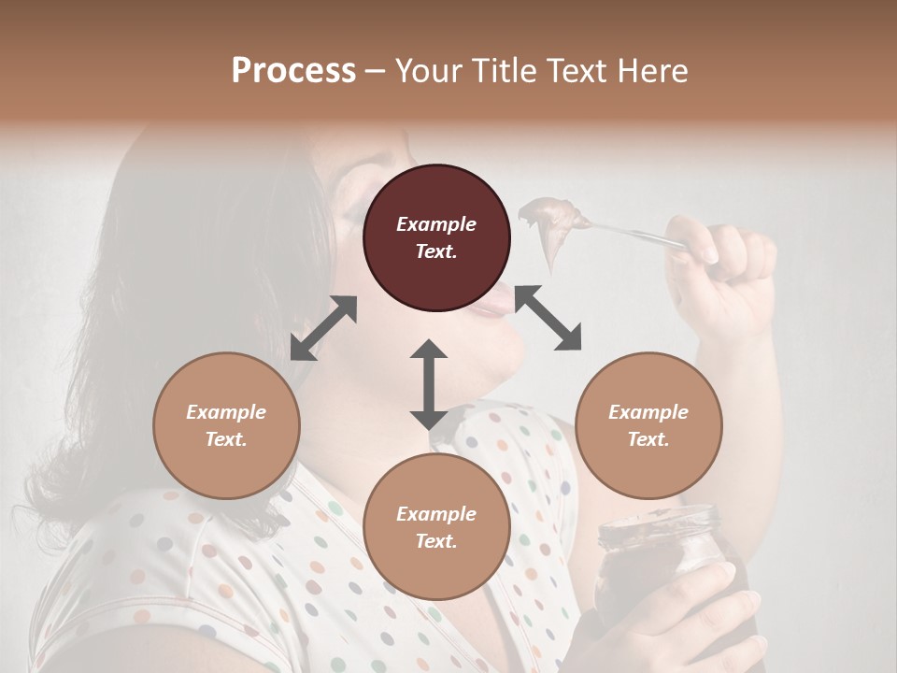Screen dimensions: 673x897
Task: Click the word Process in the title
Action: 293,71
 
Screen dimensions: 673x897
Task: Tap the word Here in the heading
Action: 652,71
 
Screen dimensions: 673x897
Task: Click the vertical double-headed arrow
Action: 429,384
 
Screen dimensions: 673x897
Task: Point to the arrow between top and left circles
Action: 323,328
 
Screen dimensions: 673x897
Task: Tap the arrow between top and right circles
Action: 548,319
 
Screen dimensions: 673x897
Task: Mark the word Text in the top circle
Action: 436,251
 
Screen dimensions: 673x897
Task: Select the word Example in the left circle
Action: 226,412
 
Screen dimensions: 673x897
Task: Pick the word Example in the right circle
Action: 648,412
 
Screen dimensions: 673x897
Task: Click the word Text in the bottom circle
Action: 436,541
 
